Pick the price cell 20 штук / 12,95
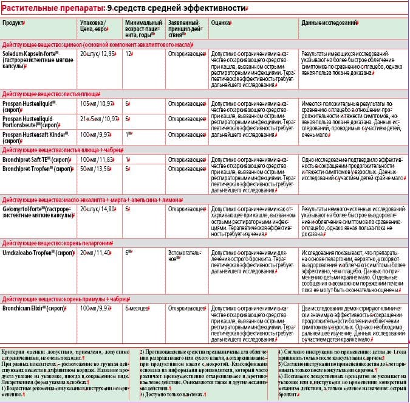pos(98,54)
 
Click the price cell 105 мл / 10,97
pos(97,103)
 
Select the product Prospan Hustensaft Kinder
pos(36,133)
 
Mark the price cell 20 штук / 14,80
pos(98,209)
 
